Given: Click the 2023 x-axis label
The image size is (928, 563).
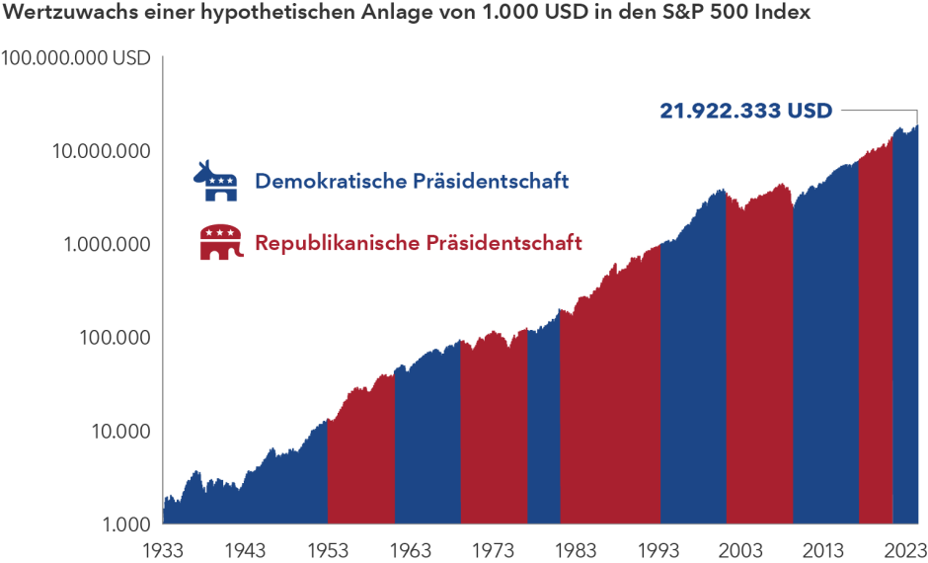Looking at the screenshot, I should coord(903,550).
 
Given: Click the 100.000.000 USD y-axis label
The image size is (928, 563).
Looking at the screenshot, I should coord(76,58).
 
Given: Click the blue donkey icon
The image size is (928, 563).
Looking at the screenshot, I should coord(215,181).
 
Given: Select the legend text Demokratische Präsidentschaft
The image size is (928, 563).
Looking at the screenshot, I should coord(412,182).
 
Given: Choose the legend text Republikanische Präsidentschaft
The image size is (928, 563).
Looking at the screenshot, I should coord(419,242).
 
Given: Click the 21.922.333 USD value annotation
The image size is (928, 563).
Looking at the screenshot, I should coord(745,111).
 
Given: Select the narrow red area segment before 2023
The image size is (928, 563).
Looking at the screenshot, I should coord(875,346).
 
